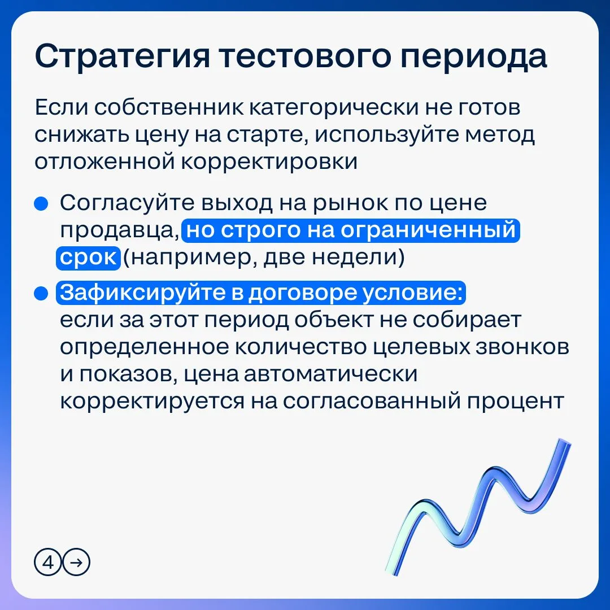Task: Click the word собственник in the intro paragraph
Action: tap(168, 108)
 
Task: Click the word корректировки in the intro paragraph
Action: tap(269, 163)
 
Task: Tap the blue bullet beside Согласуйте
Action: tap(41, 203)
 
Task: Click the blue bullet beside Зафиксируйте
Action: tap(41, 294)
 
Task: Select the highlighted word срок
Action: tap(88, 258)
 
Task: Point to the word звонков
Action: tap(522, 347)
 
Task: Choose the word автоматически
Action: tap(330, 374)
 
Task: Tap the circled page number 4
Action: tap(48, 563)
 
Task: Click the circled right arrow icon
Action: tap(77, 563)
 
